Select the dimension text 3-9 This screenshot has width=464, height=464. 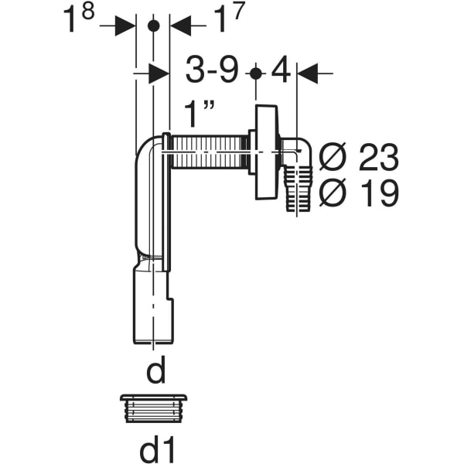[x=211, y=73]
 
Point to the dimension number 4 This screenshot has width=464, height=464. [x=281, y=73]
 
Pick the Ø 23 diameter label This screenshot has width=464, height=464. [x=358, y=159]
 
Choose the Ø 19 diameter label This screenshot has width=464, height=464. [x=358, y=193]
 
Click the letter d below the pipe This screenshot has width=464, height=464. [x=156, y=372]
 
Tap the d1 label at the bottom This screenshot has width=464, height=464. [x=156, y=446]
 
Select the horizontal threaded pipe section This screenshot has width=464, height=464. [x=207, y=152]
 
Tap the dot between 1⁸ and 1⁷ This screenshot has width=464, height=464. [x=152, y=26]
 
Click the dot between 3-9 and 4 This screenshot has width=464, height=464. [x=256, y=73]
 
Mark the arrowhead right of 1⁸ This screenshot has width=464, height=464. [x=125, y=26]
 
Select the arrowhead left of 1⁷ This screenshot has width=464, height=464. [x=179, y=26]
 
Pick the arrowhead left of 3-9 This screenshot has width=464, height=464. [x=159, y=73]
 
